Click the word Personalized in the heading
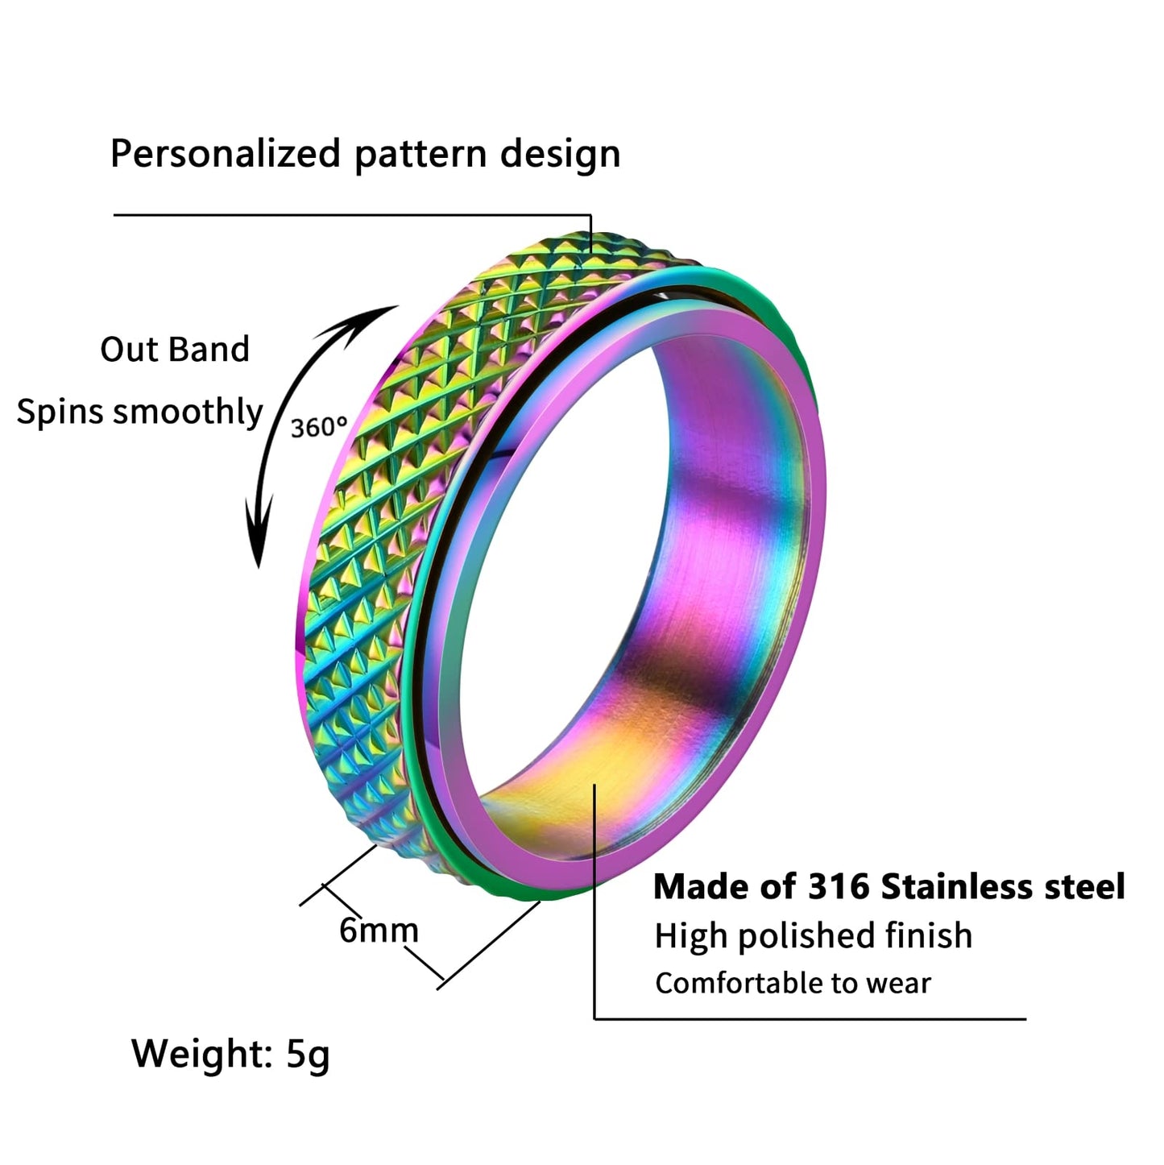pos(226,153)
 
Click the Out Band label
pos(175,350)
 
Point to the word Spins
pos(60,413)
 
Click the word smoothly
pos(188,411)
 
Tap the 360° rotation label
pos(319,427)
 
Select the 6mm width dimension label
pos(379,931)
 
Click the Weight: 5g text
pos(230,1054)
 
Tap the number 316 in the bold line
pos(839,886)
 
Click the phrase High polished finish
pos(813,936)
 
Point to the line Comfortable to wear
pos(793,983)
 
